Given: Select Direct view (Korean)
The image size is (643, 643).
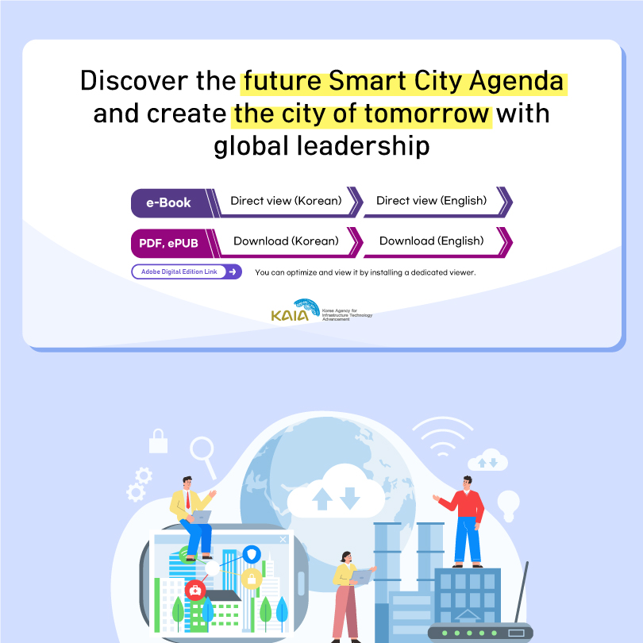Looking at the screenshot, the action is (x=287, y=201).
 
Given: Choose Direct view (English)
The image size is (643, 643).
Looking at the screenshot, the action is (x=432, y=201).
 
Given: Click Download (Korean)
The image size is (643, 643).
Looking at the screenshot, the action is (x=287, y=241).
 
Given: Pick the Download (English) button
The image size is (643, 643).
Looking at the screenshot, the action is (x=432, y=241).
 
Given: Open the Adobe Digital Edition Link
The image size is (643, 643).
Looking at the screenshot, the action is (x=187, y=271).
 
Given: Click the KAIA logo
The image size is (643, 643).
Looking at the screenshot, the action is (x=321, y=310).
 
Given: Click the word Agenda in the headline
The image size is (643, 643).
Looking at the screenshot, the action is (x=516, y=81).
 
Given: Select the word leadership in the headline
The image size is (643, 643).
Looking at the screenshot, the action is (x=363, y=146).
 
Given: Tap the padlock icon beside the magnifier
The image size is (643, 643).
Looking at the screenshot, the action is (x=158, y=441).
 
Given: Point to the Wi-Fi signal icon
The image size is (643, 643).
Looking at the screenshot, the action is (x=442, y=437).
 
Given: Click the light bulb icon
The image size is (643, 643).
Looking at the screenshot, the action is (x=509, y=506).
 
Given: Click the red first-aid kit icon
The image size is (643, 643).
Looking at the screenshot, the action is (x=195, y=590).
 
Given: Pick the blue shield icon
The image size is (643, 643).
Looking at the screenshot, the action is (x=252, y=554).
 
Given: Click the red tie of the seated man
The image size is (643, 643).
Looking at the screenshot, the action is (x=188, y=500).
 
